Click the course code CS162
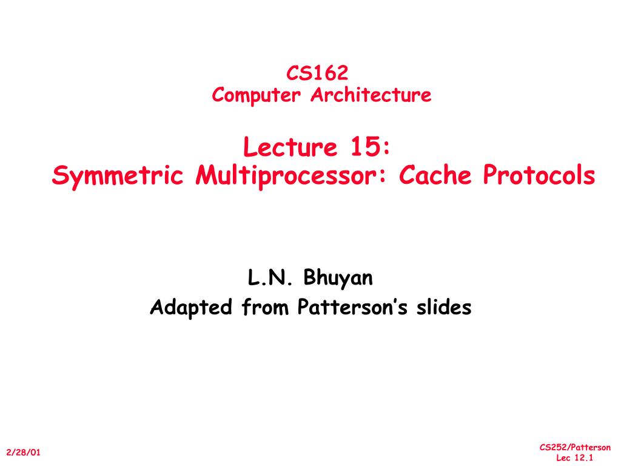[317, 73]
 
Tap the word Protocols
[539, 176]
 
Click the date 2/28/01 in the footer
[24, 453]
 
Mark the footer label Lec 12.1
[574, 458]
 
